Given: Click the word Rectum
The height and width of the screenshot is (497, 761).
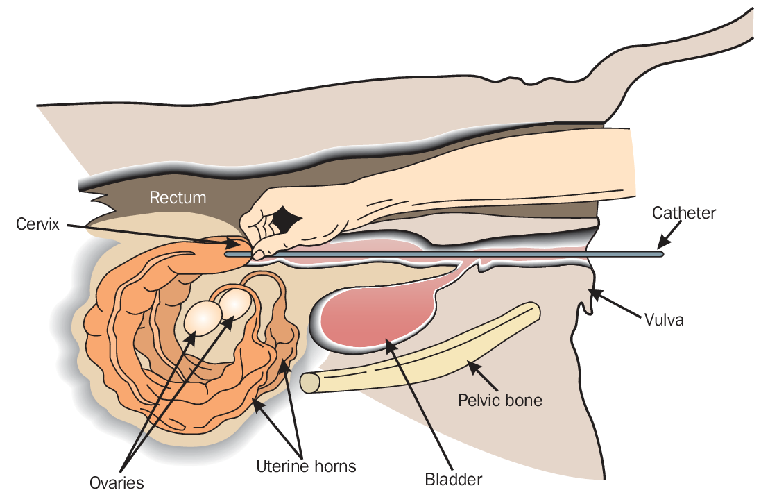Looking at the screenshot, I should click(x=178, y=198).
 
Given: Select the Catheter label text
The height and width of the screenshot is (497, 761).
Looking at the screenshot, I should click(x=683, y=213).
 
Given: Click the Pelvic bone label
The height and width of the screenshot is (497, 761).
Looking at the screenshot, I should click(x=500, y=401).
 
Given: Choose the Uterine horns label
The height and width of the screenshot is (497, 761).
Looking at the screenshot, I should click(x=305, y=466).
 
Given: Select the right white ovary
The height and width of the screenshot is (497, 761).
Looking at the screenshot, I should click(x=235, y=305).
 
